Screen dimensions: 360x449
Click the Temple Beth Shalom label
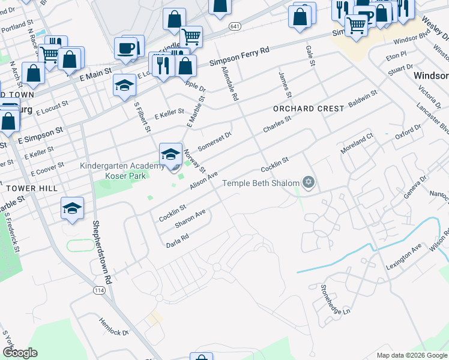click(x=261, y=183)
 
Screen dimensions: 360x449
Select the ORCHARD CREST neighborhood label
click(x=309, y=109)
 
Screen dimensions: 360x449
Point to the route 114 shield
click(x=99, y=290)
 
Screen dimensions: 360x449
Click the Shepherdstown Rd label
click(x=101, y=253)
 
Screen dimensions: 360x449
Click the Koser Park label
click(x=125, y=176)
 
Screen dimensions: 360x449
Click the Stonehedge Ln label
click(x=334, y=299)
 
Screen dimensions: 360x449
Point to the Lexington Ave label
click(x=404, y=257)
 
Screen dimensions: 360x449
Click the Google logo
click(x=20, y=353)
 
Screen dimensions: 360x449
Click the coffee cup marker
click(x=127, y=47)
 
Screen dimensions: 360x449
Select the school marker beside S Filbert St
click(x=124, y=85)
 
